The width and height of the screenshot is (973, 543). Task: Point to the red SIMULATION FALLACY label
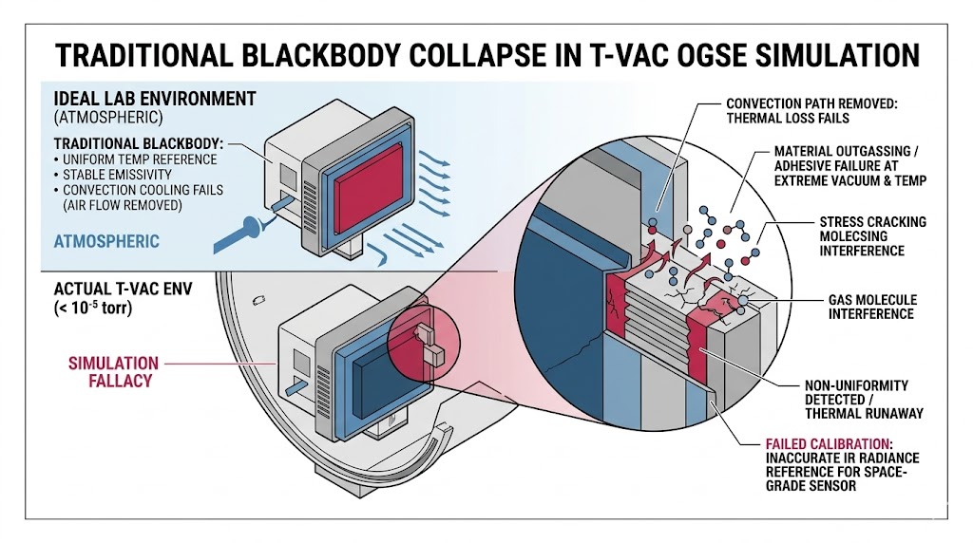pyautogui.click(x=113, y=371)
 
